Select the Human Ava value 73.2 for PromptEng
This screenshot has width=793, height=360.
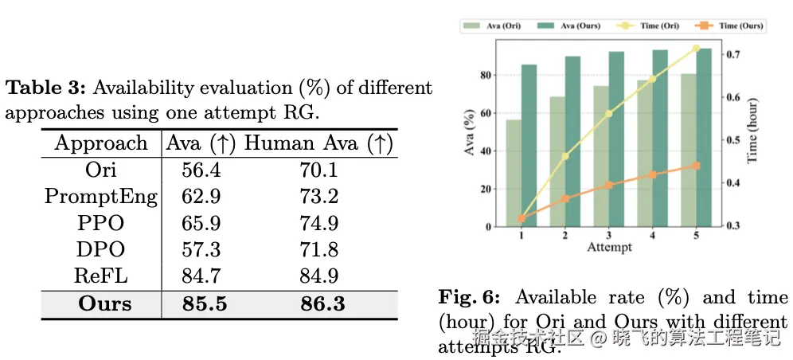point(319,196)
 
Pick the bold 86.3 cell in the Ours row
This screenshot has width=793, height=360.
point(319,303)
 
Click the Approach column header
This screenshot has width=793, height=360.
point(100,143)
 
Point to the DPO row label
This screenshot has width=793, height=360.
point(100,249)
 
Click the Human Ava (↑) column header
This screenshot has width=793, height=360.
point(319,143)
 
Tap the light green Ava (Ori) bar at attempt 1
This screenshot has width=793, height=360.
point(514,174)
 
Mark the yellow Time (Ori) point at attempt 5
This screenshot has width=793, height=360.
point(696,49)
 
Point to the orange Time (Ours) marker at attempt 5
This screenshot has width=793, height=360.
point(696,166)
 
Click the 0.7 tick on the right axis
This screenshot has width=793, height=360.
point(734,55)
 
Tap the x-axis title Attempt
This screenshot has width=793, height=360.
point(609,247)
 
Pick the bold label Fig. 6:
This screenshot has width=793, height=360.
point(470,298)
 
